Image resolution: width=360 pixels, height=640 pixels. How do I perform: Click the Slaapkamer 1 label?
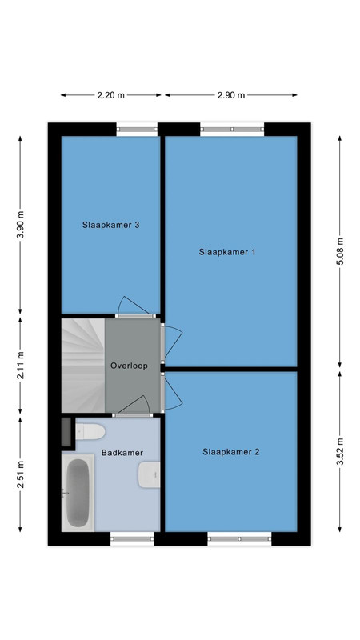[227, 252]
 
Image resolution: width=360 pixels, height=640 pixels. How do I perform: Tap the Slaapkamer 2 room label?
[230, 452]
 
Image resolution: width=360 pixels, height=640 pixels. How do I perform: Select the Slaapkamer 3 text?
[110, 225]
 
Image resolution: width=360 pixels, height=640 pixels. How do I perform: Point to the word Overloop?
[129, 366]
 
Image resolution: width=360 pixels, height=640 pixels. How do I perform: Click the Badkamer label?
[122, 453]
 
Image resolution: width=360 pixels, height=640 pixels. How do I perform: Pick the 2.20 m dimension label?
[110, 95]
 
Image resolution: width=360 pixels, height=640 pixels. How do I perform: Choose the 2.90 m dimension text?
[231, 95]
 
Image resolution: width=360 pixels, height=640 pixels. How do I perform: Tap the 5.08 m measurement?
[339, 250]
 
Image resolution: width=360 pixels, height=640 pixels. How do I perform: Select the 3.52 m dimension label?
[339, 450]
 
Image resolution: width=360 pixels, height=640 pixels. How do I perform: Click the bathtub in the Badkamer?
[78, 493]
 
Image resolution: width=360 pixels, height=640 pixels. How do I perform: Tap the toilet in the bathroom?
[90, 431]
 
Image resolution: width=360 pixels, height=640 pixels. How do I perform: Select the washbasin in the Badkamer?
[149, 474]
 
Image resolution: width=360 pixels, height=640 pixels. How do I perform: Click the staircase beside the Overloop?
[83, 366]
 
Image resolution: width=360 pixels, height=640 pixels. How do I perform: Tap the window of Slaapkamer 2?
[239, 538]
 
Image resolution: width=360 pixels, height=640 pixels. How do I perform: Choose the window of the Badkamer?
[132, 538]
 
